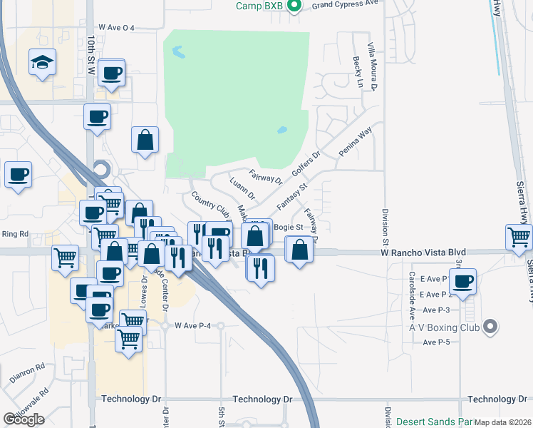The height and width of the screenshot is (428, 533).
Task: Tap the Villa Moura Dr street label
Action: pos(371,66)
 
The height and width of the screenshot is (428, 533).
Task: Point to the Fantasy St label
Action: pos(291,195)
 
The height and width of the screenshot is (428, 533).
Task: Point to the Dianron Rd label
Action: pos(27,369)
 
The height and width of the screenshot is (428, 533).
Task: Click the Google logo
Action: pos(24,419)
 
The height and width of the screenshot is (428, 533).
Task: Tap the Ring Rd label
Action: pos(14,233)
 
